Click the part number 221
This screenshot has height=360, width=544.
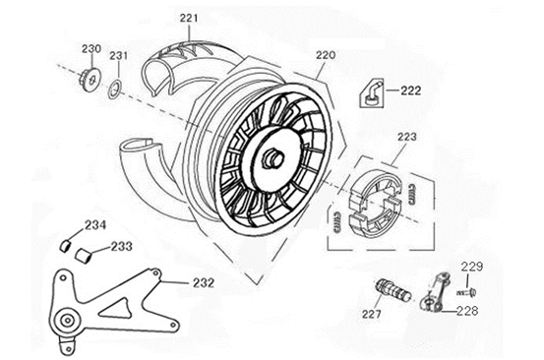[189, 19]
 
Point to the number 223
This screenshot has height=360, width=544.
[407, 137]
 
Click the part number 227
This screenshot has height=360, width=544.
[372, 316]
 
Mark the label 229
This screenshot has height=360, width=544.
[472, 267]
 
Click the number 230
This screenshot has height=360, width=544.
[91, 48]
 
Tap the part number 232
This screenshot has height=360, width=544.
[204, 282]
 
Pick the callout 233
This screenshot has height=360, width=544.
[121, 247]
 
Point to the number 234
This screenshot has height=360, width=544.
[94, 224]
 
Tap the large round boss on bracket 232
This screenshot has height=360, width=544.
[68, 321]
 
